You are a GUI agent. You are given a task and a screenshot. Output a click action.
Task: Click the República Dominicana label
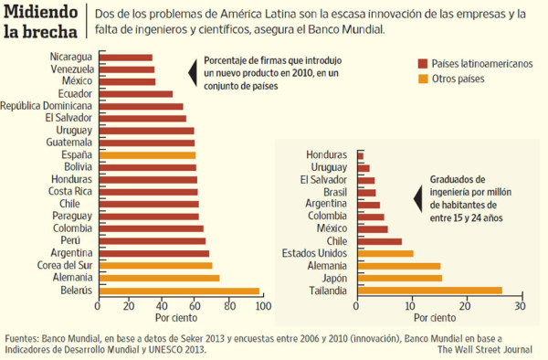point(46,106)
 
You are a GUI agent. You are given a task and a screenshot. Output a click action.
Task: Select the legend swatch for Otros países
point(423,79)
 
